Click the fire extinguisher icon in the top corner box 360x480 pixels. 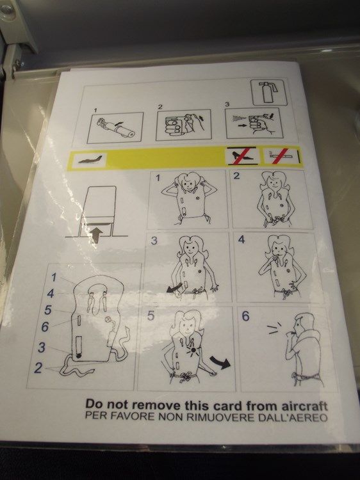click(268, 92)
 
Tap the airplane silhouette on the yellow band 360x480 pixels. click(89, 160)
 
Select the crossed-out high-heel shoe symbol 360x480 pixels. click(242, 156)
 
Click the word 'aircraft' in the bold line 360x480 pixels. click(304, 406)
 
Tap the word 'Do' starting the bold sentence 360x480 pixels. click(94, 403)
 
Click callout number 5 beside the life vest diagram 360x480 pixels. click(47, 310)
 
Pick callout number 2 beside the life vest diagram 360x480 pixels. click(38, 368)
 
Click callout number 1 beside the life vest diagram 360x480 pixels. click(54, 277)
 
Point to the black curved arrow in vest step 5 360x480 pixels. click(220, 362)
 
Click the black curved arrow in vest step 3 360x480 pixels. click(174, 288)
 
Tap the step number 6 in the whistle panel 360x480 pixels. click(246, 316)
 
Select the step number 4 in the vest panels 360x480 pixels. click(241, 239)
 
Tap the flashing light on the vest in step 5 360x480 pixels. click(193, 350)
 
